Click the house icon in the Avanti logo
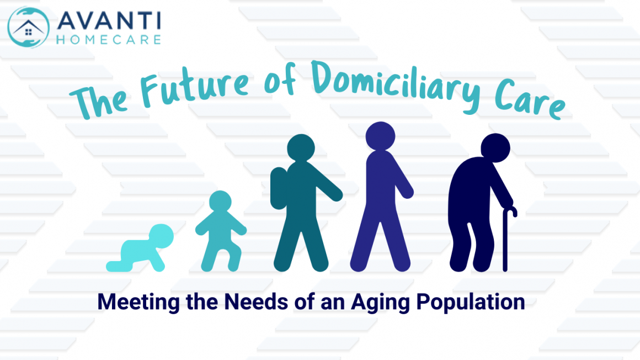coord(28,27)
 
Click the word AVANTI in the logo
coord(108,21)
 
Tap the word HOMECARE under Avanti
coord(108,40)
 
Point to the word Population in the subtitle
coord(461,303)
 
